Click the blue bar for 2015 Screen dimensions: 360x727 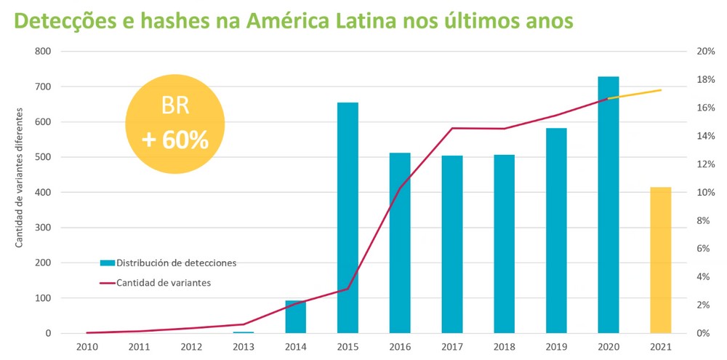click(x=348, y=218)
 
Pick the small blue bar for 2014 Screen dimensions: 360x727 click(x=295, y=317)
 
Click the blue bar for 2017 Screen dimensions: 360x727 click(x=451, y=244)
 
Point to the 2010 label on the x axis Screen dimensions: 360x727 click(x=87, y=347)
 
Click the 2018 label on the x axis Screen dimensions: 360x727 click(x=504, y=347)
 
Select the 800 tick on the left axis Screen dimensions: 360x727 click(x=43, y=52)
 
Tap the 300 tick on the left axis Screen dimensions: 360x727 click(x=43, y=228)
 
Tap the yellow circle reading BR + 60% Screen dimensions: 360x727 click(x=175, y=123)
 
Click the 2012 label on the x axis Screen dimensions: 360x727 click(x=191, y=347)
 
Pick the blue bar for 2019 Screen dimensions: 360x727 click(x=556, y=231)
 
